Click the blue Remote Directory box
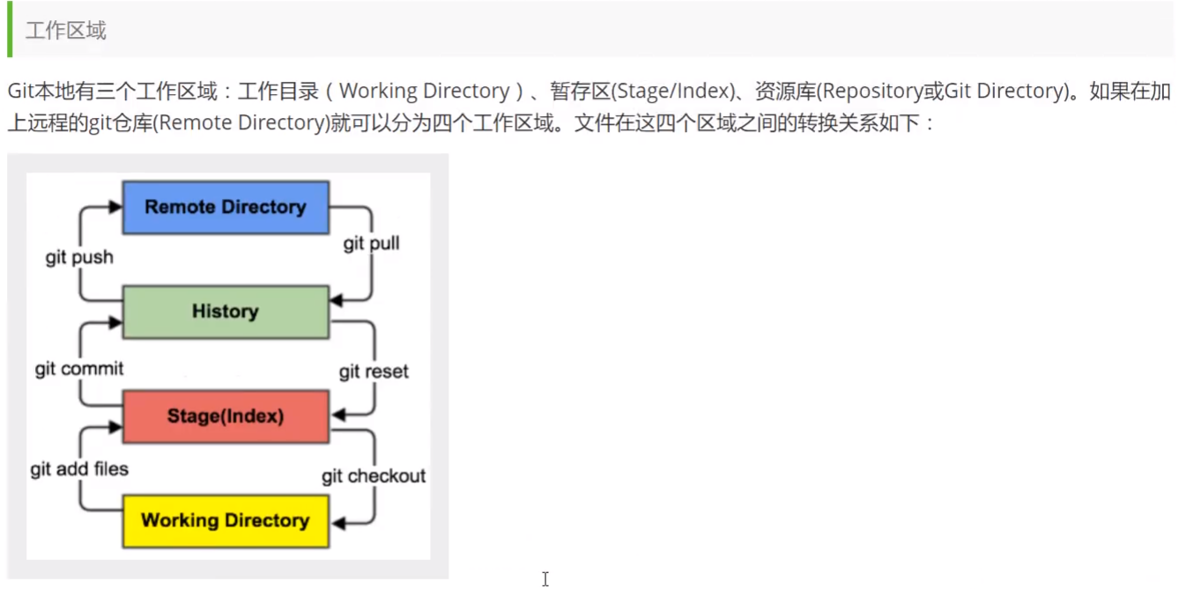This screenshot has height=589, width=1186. (x=226, y=208)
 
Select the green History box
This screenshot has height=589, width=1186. (x=226, y=312)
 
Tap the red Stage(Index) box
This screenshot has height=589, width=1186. (x=226, y=416)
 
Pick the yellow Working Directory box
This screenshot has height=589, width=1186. (x=226, y=520)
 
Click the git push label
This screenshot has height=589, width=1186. (x=79, y=258)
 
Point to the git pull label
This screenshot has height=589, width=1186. (x=371, y=243)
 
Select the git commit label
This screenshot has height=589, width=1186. (x=79, y=369)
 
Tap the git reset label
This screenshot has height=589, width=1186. (x=374, y=372)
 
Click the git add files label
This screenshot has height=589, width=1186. (x=79, y=469)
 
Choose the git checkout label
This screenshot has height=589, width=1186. (x=374, y=476)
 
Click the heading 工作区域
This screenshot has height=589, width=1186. (x=65, y=31)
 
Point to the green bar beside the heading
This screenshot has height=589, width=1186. (x=10, y=29)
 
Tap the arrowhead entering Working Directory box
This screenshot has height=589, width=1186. (x=337, y=524)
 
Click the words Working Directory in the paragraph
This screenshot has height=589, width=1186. (x=424, y=92)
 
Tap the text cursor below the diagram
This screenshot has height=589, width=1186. (x=545, y=578)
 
